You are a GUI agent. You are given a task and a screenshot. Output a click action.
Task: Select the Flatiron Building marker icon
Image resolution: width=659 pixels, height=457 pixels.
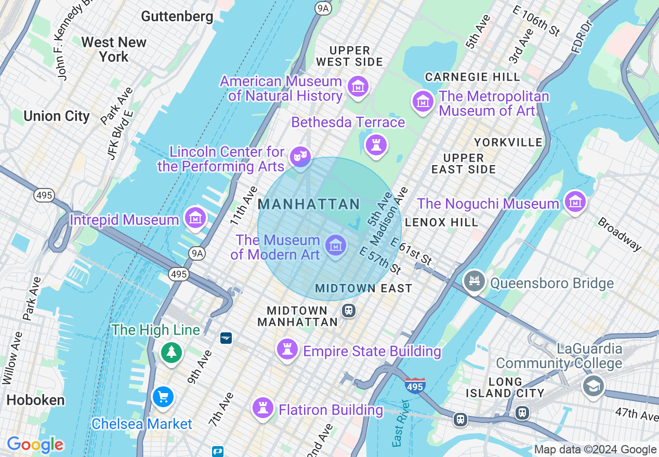pyautogui.click(x=263, y=408)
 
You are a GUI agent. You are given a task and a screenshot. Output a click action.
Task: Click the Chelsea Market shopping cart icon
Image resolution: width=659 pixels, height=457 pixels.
pyautogui.click(x=163, y=397)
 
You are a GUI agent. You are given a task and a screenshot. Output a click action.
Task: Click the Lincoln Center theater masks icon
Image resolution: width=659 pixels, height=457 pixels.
pyautogui.click(x=300, y=155)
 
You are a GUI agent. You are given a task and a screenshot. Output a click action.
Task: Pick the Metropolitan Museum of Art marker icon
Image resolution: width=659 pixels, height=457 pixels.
pyautogui.click(x=423, y=101)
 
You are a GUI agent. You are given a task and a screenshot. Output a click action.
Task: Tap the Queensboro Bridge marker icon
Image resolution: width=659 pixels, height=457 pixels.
pyautogui.click(x=474, y=281)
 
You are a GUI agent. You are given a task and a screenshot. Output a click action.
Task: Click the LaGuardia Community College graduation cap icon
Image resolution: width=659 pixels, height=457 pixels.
pyautogui.click(x=593, y=386)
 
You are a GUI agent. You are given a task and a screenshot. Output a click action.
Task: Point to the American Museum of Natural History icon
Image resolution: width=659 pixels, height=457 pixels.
pyautogui.click(x=358, y=86)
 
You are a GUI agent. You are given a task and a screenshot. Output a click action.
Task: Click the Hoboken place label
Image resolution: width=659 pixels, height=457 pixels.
pyautogui.click(x=35, y=400)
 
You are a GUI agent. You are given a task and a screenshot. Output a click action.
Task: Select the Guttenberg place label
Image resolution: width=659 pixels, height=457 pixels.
pyautogui.click(x=177, y=16)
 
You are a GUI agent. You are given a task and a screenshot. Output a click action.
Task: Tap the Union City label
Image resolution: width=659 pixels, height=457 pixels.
pyautogui.click(x=57, y=116)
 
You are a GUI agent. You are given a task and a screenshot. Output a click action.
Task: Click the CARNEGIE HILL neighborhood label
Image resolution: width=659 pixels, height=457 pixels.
pyautogui.click(x=472, y=77)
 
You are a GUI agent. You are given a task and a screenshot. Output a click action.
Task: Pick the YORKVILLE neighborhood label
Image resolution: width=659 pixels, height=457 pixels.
pyautogui.click(x=508, y=142)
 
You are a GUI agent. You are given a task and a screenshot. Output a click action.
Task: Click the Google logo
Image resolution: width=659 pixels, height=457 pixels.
pyautogui.click(x=35, y=445)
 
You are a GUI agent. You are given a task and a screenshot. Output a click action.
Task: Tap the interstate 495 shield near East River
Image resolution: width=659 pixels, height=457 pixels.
pyautogui.click(x=415, y=385)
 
